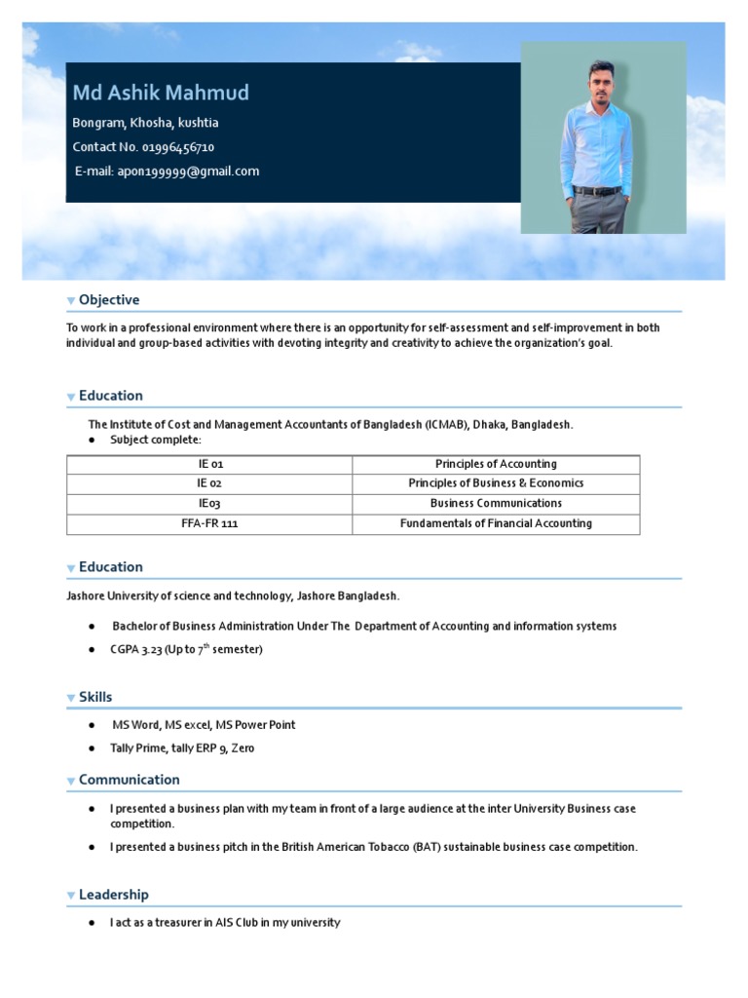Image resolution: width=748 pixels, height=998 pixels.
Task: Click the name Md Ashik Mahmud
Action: tap(161, 93)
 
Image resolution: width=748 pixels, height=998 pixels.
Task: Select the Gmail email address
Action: tap(188, 172)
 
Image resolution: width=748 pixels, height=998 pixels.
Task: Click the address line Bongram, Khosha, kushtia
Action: tap(145, 123)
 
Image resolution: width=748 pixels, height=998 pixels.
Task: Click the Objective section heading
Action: tap(109, 300)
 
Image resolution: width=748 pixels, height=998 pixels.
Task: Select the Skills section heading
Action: tap(95, 697)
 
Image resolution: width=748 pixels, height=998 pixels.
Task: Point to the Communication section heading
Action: tap(129, 780)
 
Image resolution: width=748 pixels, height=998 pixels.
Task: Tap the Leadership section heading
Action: tap(113, 895)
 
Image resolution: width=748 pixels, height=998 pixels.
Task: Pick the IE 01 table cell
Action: tap(209, 465)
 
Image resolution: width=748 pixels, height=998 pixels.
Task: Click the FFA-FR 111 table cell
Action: tap(209, 524)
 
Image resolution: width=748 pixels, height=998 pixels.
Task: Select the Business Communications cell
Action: tap(496, 504)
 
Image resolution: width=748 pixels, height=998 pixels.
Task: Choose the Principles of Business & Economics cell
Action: tap(496, 484)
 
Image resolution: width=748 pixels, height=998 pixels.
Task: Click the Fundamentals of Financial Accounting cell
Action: tap(496, 524)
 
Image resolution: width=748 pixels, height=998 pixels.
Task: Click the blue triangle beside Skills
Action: tap(71, 698)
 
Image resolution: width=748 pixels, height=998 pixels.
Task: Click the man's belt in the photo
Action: tap(596, 190)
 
